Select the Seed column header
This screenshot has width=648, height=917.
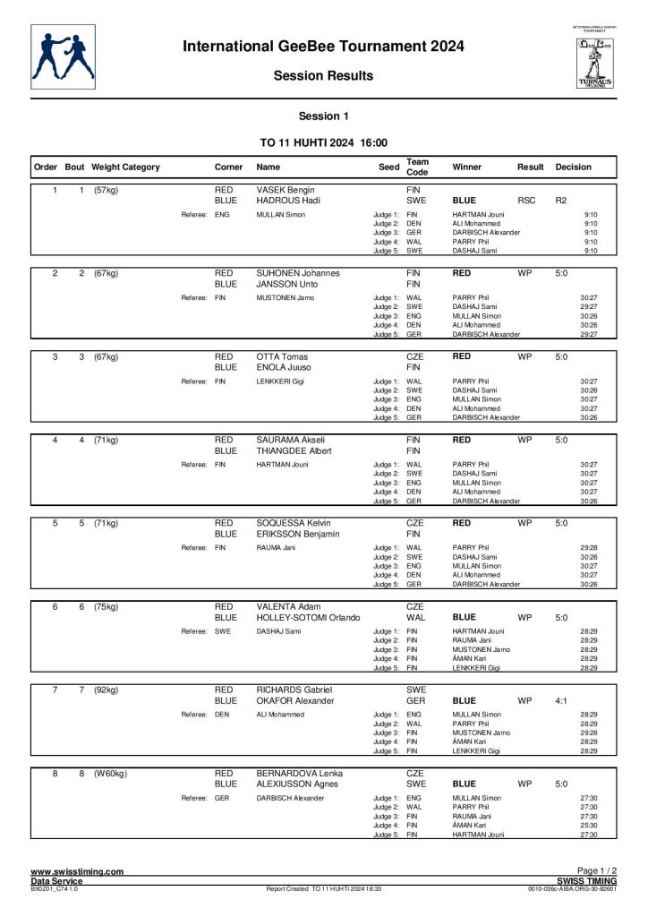(388, 167)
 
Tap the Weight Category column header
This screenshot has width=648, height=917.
(125, 167)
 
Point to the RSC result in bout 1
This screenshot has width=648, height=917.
(526, 201)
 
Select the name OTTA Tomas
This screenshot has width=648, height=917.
(280, 356)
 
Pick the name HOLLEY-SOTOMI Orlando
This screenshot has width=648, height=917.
(308, 618)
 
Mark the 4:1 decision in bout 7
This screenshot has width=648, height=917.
(562, 700)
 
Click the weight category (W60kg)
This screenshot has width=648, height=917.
(110, 773)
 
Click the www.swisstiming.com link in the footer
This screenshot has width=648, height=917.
(77, 871)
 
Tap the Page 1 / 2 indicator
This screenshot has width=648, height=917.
(597, 871)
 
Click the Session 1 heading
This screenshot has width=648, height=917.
(323, 116)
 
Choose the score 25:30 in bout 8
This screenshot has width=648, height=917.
(589, 825)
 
